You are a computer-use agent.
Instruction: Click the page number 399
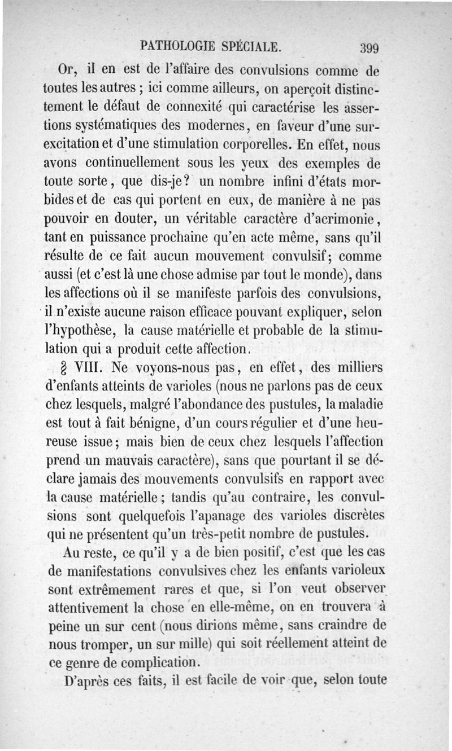[367, 46]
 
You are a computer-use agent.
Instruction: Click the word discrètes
[357, 515]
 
